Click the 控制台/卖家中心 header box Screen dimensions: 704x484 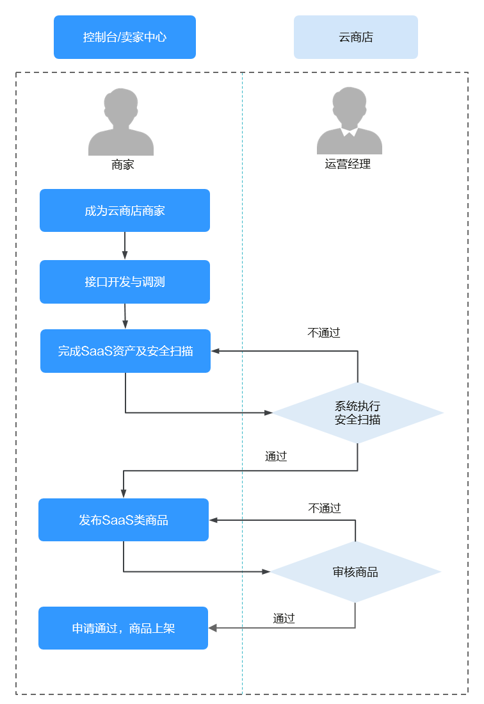tap(125, 37)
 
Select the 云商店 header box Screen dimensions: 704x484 tap(355, 37)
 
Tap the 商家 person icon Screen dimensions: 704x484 tap(121, 123)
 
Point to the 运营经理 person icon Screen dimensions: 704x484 tap(350, 122)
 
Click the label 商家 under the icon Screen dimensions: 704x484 tap(122, 165)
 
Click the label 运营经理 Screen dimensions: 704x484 tap(348, 164)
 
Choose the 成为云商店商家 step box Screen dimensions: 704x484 tap(125, 210)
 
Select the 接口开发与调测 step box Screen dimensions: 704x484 tap(125, 282)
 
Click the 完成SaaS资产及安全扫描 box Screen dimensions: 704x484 tap(125, 351)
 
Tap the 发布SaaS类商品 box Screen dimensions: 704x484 tap(124, 520)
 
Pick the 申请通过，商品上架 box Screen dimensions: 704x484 tap(124, 628)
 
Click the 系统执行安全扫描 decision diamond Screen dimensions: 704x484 tap(357, 413)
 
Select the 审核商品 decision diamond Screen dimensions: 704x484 tap(355, 572)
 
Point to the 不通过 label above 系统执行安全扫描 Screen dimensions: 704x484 tap(324, 333)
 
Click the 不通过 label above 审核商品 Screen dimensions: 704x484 tap(325, 509)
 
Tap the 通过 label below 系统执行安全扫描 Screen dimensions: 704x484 tap(276, 457)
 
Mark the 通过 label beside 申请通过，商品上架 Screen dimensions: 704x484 tap(284, 618)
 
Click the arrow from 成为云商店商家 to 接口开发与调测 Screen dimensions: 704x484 tap(125, 245)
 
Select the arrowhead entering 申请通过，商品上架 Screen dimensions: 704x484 tap(213, 628)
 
